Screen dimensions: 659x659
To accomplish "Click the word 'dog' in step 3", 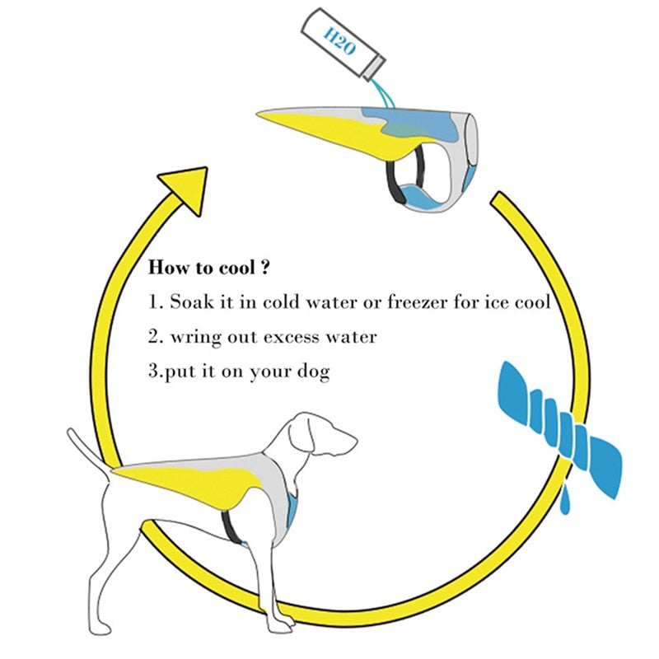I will tap(314, 372).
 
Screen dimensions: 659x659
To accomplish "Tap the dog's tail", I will tap(87, 449).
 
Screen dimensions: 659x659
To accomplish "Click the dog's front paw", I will tap(280, 622).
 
